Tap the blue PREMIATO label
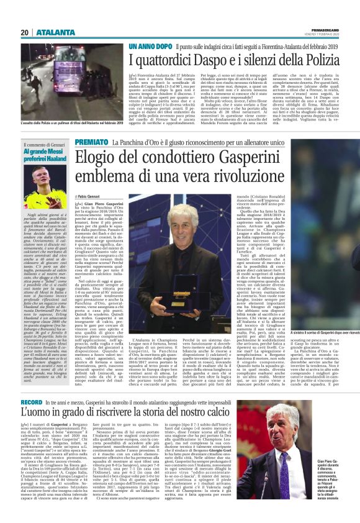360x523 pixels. coord(91,142)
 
